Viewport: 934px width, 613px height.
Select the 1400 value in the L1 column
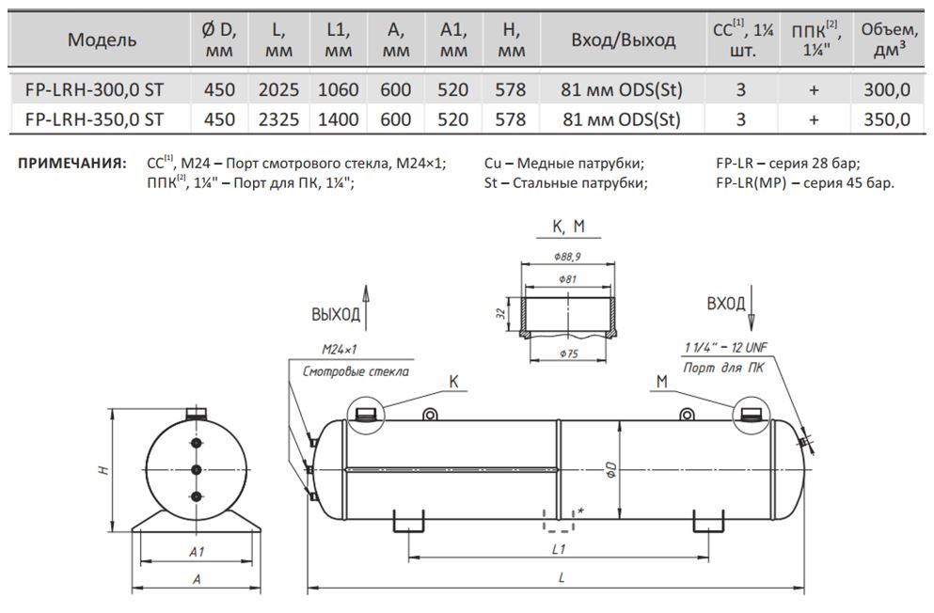(x=338, y=119)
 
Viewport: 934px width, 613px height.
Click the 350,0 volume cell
(x=888, y=119)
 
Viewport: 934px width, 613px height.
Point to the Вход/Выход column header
(x=623, y=40)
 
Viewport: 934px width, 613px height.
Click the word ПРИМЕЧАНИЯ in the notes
(x=71, y=163)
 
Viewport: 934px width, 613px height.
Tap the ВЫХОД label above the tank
(x=336, y=314)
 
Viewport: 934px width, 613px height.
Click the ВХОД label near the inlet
(x=726, y=304)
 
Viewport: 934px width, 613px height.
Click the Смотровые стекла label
(x=356, y=371)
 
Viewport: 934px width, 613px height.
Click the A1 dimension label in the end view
(x=197, y=552)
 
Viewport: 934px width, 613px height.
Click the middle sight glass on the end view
(x=197, y=469)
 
